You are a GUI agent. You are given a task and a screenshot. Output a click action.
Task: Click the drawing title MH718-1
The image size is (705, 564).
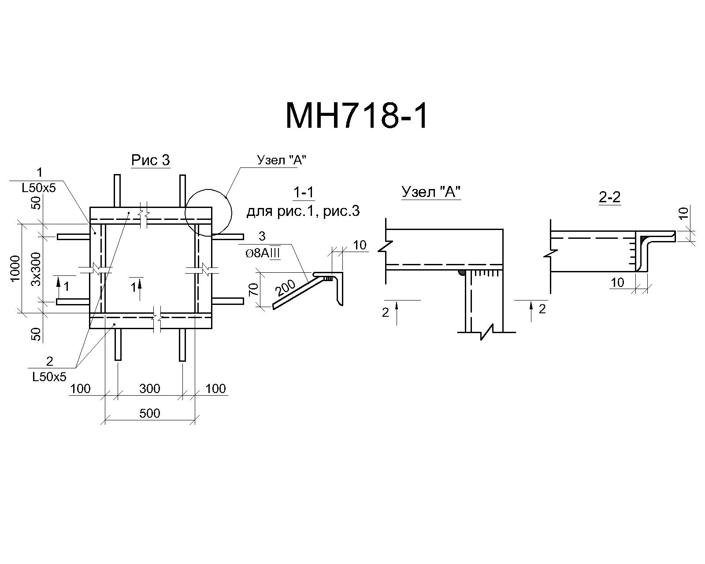(x=356, y=116)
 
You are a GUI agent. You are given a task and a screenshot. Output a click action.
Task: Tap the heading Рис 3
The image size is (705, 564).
(x=151, y=160)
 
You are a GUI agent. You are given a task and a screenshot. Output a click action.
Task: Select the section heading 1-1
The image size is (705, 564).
(x=304, y=193)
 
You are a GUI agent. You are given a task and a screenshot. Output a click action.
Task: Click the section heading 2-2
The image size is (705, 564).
(x=610, y=197)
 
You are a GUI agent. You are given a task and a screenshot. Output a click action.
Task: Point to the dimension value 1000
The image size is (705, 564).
(x=16, y=268)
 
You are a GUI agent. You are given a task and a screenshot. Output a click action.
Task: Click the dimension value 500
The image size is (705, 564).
(x=150, y=413)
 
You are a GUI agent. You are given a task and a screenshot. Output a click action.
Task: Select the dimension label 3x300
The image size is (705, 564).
(x=36, y=269)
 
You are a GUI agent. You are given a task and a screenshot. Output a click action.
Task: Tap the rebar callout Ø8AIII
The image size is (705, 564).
(x=263, y=253)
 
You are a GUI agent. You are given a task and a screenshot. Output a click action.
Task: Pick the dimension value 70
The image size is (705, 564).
(x=254, y=289)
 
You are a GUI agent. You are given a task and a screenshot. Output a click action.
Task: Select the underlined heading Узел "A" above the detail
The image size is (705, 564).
(x=431, y=192)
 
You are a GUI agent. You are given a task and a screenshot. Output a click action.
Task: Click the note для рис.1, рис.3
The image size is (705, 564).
(x=303, y=211)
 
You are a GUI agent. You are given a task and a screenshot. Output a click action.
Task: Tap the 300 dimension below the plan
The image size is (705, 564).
(x=150, y=389)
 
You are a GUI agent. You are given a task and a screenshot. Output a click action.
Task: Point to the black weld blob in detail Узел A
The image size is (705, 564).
(x=462, y=273)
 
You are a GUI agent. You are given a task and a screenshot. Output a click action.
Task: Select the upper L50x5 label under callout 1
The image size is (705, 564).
(x=39, y=188)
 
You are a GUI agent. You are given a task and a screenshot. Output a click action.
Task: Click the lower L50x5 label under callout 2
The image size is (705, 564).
(x=49, y=377)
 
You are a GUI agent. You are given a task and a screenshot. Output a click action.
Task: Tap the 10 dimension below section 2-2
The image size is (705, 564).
(x=617, y=282)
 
